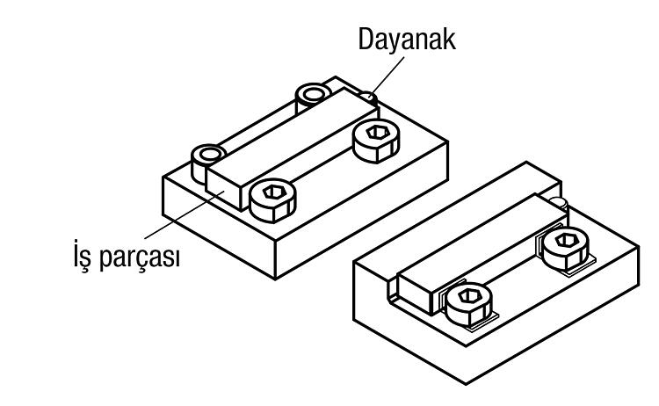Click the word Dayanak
(x=407, y=39)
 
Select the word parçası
(x=140, y=257)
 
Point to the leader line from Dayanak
(x=387, y=76)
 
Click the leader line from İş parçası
(x=185, y=214)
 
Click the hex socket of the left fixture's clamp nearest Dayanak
(x=377, y=133)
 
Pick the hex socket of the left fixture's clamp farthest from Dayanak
(x=273, y=193)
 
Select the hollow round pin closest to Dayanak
(x=313, y=94)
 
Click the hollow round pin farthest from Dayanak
(x=208, y=155)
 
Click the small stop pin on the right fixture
(x=559, y=203)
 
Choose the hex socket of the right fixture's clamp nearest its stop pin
(x=565, y=241)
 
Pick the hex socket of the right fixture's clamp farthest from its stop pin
(x=467, y=296)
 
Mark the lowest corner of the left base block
(x=275, y=279)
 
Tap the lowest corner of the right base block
(x=466, y=384)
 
